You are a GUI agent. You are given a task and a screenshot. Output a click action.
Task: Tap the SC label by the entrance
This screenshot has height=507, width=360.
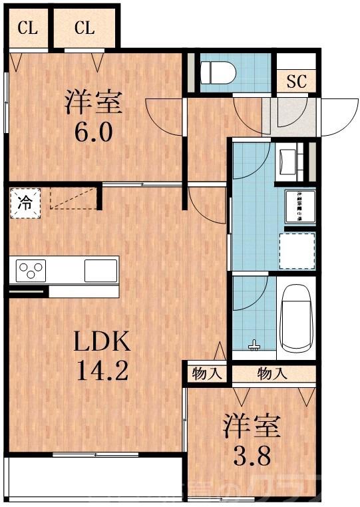[x=295, y=82]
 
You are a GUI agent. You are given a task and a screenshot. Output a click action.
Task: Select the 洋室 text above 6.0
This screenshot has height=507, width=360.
[x=93, y=104]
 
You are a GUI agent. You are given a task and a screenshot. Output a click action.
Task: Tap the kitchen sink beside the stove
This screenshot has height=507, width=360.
[x=100, y=270]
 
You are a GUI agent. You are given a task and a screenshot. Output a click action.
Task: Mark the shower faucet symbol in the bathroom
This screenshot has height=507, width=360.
[x=253, y=345]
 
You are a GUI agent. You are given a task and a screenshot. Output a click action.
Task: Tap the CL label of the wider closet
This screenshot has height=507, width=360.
[x=85, y=28]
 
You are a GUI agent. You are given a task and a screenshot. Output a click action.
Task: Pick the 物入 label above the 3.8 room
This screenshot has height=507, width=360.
[x=273, y=373]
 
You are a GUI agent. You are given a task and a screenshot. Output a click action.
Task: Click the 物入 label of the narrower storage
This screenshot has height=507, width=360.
[x=206, y=373]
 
